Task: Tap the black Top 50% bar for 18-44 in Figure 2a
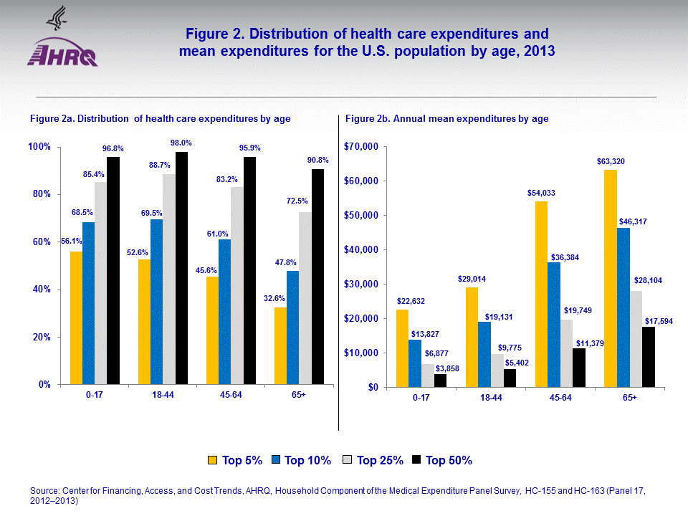coord(182,268)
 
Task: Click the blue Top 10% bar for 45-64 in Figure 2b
coord(554,325)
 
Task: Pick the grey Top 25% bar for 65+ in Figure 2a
coord(305,298)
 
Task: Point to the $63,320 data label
coord(610,161)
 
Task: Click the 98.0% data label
coord(181,143)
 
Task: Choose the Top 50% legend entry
coord(441,460)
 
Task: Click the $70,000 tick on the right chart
coord(361,147)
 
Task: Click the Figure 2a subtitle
coord(160,119)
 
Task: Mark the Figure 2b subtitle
coord(446,119)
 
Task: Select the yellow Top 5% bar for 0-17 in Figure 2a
coord(76,318)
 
